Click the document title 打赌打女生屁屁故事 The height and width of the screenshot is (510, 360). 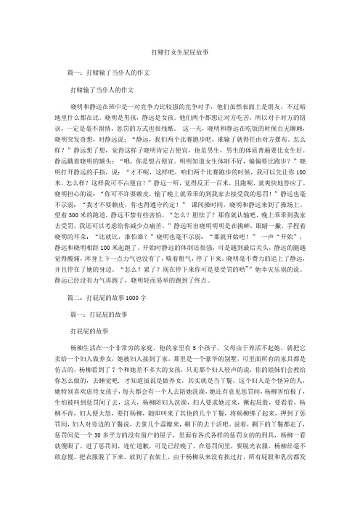[x=179, y=54]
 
